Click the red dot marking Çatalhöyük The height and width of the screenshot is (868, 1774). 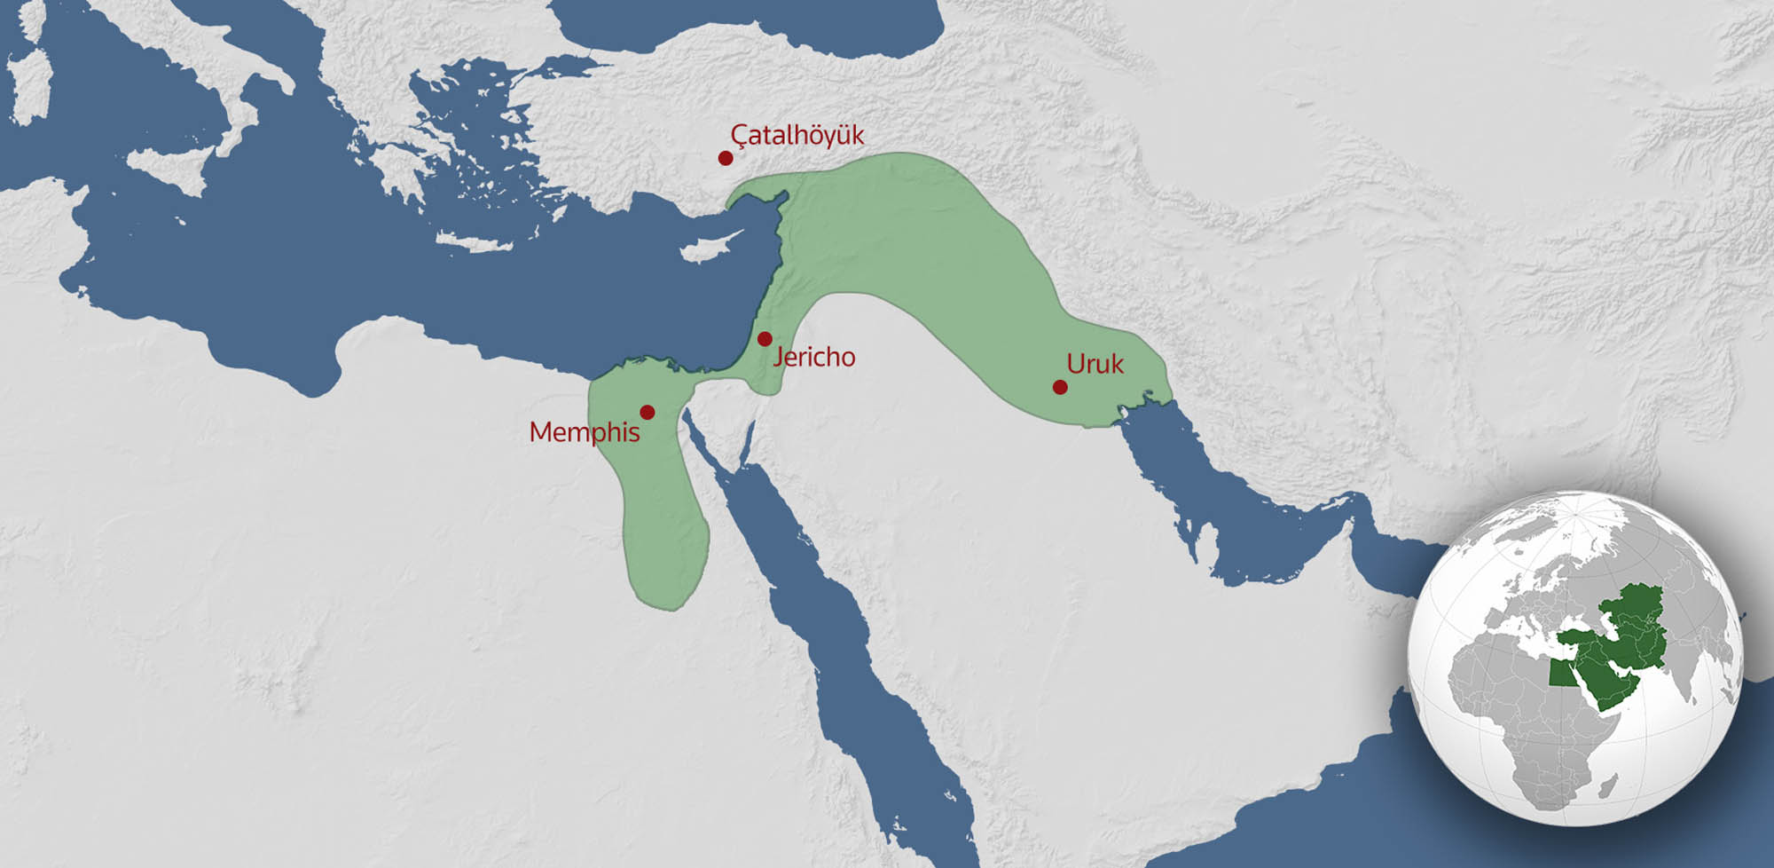[726, 158]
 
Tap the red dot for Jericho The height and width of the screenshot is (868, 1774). [765, 339]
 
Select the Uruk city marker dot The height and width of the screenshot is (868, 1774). [1060, 387]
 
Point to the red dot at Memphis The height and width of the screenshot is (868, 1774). [648, 412]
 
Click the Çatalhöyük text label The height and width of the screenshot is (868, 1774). [797, 135]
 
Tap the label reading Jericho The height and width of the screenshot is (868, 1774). [813, 357]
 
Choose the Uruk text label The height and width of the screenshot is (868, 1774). [1095, 364]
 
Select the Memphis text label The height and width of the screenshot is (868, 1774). [584, 432]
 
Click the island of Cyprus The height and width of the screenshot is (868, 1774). [710, 249]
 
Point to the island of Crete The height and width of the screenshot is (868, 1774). [475, 242]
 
